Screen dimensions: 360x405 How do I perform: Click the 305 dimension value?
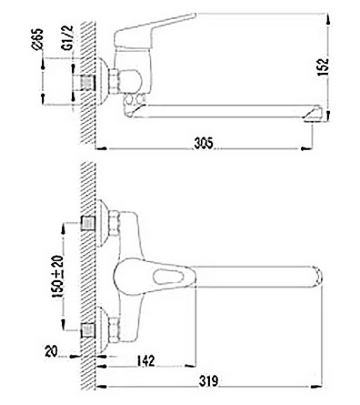(x=204, y=143)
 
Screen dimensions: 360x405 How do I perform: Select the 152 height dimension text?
(x=324, y=66)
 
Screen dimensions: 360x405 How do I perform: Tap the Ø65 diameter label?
(x=37, y=39)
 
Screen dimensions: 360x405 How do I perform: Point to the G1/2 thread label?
(x=68, y=37)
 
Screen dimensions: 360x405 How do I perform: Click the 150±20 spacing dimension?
(x=58, y=276)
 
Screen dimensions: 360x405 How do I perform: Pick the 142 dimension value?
(x=145, y=360)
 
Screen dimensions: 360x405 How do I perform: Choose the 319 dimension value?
(x=208, y=380)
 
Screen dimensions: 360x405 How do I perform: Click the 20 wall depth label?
(x=51, y=351)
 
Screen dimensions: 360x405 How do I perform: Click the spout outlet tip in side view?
(x=313, y=116)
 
